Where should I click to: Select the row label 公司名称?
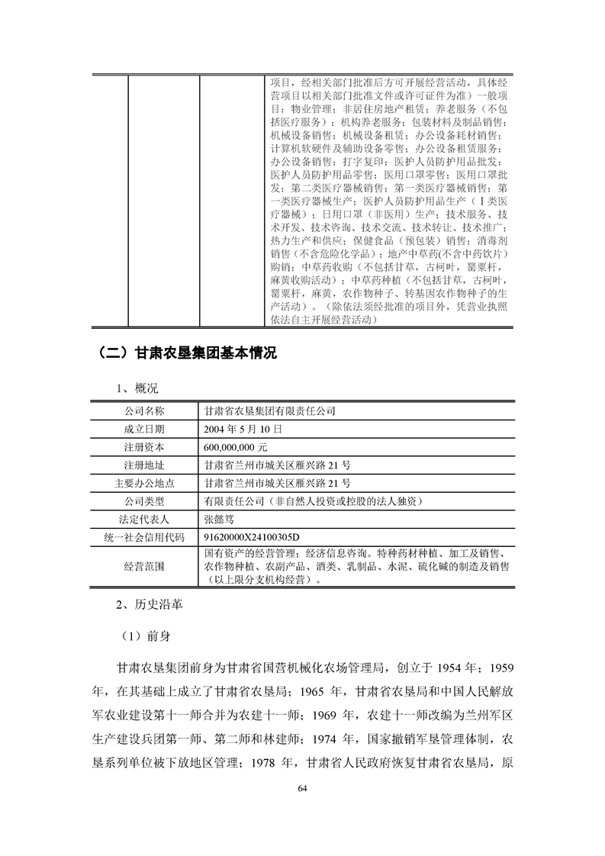point(144,410)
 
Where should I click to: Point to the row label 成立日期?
point(144,429)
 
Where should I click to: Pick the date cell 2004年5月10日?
point(243,429)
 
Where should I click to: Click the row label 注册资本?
point(144,447)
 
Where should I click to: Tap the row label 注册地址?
point(144,465)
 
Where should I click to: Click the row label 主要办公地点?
point(144,484)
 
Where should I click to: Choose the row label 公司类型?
point(144,501)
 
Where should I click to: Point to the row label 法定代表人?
point(144,520)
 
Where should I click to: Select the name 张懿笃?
point(223,520)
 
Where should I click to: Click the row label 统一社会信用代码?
point(144,538)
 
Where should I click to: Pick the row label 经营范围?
point(144,567)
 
